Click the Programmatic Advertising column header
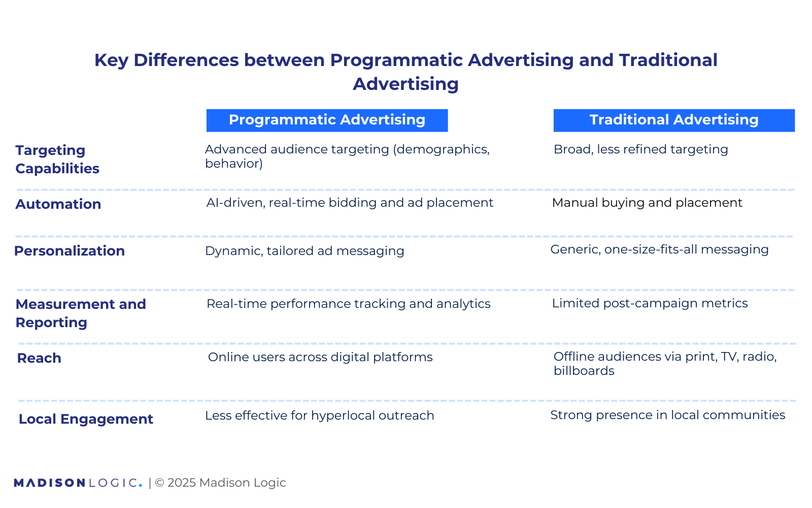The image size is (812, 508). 327,120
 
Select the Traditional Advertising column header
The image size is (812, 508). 673,120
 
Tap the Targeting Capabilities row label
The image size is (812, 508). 57,159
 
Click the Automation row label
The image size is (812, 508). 58,204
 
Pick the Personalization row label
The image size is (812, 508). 70,251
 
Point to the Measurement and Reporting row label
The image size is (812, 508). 81,313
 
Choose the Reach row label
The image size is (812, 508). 39,358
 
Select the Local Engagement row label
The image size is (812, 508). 86,419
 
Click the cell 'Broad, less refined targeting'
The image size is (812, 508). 640,149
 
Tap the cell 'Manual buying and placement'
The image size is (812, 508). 647,203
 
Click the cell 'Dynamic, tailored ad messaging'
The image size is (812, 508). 304,251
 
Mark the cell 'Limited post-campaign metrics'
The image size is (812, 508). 650,303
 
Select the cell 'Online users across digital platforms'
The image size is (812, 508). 320,357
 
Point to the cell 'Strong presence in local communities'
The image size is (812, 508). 667,415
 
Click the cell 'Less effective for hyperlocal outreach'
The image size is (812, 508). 320,416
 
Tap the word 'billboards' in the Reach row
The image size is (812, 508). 584,371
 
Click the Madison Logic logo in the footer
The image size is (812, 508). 78,483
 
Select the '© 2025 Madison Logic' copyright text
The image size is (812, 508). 220,483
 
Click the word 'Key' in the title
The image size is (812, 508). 111,60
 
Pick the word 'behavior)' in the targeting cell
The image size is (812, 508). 233,164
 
